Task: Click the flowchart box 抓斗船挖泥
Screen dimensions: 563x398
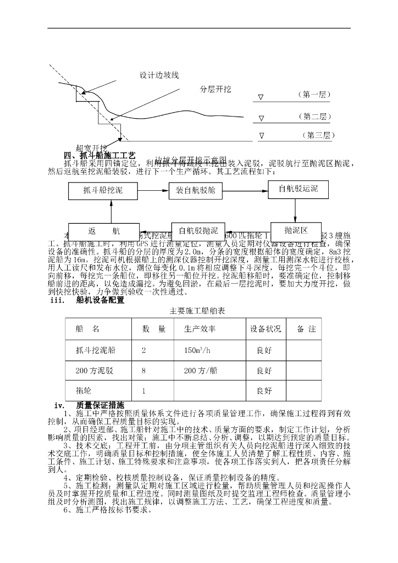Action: (x=103, y=191)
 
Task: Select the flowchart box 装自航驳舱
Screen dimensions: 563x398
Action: (x=195, y=191)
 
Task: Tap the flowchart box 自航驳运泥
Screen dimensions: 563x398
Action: (x=298, y=189)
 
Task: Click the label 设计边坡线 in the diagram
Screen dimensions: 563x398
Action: (x=159, y=75)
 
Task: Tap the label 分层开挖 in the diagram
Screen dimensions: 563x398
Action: (x=216, y=90)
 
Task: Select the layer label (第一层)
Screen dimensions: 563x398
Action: (x=314, y=95)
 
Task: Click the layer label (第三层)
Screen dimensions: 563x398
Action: (x=318, y=135)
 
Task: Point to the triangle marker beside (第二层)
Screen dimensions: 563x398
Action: (x=261, y=118)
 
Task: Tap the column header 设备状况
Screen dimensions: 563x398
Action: (x=266, y=329)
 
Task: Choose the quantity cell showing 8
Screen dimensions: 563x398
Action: (x=143, y=371)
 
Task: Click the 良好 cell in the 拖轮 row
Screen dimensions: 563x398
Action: (x=264, y=391)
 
